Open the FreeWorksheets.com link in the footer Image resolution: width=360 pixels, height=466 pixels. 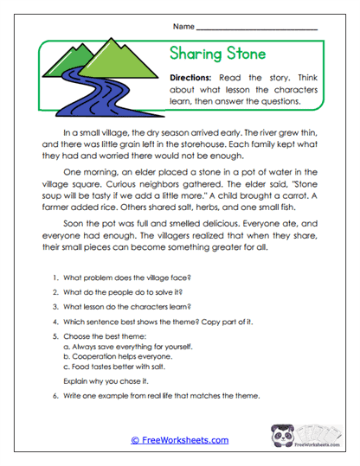(180, 439)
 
